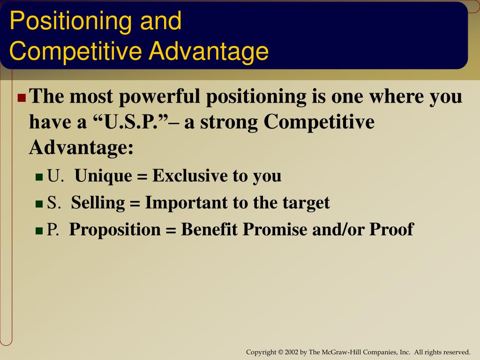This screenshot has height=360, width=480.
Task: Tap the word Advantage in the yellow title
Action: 209,52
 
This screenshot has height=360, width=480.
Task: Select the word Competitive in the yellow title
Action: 75,52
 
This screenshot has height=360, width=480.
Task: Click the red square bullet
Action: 22,97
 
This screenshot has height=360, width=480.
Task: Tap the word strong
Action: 229,123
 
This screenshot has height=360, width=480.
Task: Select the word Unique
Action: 104,176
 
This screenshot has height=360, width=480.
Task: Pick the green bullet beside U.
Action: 39,177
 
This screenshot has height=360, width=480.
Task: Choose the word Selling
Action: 98,203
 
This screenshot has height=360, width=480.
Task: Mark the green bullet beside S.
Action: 39,204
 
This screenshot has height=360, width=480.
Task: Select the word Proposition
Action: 115,230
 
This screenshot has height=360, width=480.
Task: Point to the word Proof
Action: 391,229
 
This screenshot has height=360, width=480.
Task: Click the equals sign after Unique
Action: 142,177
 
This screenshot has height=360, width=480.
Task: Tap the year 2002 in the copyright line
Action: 292,352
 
